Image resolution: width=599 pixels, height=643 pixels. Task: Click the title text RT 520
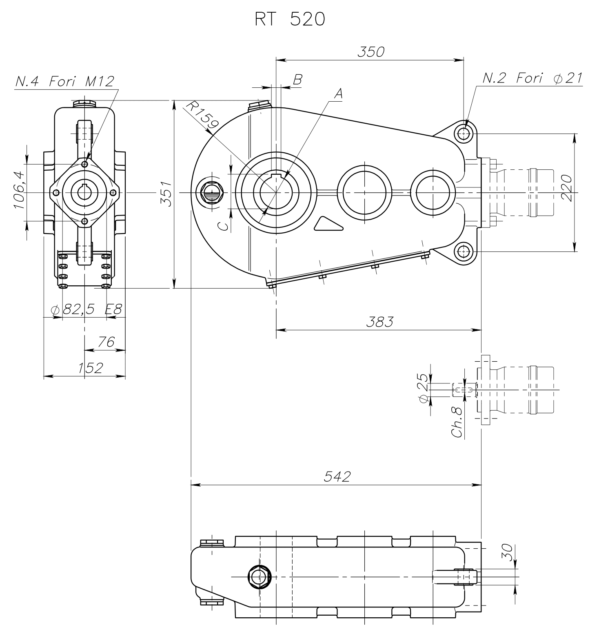290,20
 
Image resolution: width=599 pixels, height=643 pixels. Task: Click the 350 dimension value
371,52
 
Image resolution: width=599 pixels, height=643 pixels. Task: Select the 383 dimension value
379,322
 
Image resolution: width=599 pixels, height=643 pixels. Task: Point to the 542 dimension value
337,476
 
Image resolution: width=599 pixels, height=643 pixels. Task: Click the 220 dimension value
567,187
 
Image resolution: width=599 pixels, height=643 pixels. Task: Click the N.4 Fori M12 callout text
64,81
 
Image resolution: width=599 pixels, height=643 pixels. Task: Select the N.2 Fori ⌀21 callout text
532,78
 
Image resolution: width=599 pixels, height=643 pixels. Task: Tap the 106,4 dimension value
19,190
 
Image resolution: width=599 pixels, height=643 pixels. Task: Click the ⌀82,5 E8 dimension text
87,309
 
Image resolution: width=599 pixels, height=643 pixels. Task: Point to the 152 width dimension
91,368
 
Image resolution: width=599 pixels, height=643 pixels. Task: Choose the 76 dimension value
106,342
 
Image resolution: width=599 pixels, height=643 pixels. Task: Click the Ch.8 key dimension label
458,422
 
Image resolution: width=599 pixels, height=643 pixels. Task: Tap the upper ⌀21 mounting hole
464,133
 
